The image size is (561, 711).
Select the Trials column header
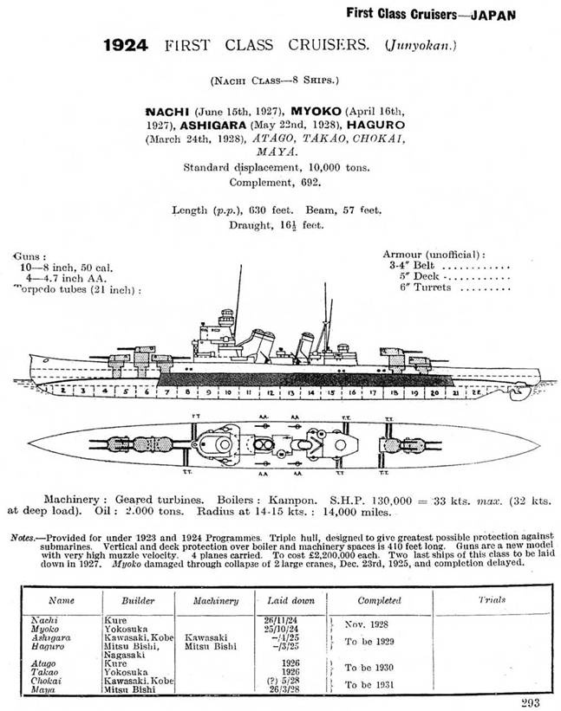click(492, 599)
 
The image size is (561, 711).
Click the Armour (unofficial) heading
click(434, 254)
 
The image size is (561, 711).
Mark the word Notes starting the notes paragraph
click(23, 538)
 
